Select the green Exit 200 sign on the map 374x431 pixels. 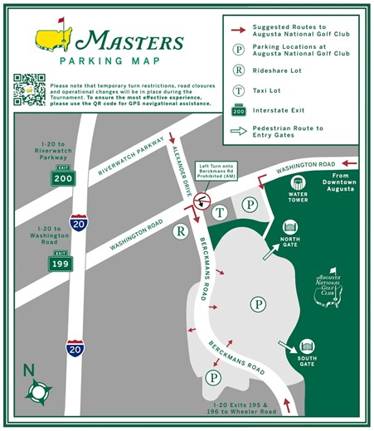point(63,177)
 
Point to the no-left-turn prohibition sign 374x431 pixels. point(200,201)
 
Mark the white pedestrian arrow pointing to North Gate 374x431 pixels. point(270,252)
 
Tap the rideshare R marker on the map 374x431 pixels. point(180,233)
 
